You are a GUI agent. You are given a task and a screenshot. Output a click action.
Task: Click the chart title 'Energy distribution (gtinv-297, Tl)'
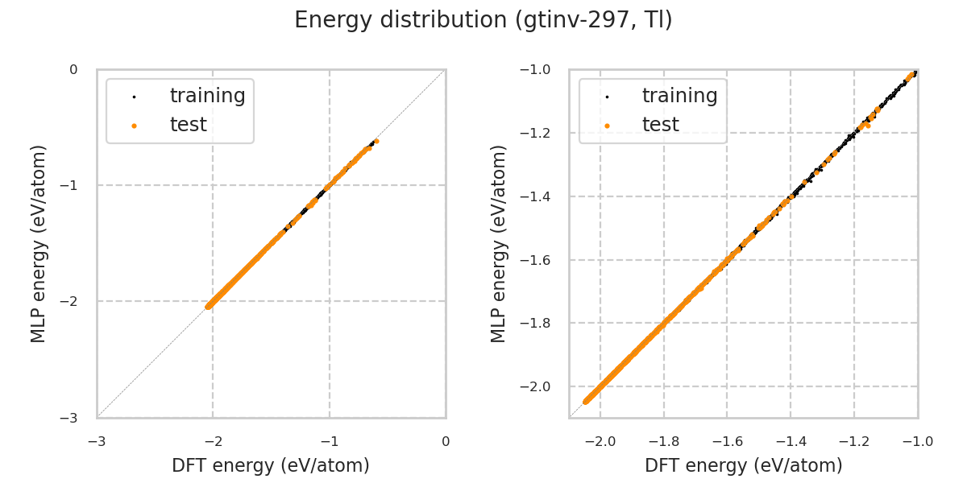[x=483, y=20]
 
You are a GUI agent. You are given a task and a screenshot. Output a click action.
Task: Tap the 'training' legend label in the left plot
[x=207, y=96]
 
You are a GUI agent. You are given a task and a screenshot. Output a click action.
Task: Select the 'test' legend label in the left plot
[x=188, y=125]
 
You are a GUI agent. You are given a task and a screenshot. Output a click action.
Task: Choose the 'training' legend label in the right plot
[x=679, y=96]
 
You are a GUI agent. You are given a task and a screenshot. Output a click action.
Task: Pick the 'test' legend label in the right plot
[x=660, y=125]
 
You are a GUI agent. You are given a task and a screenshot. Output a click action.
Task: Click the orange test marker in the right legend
[x=607, y=126]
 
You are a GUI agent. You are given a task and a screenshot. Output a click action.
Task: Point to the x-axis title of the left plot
[x=271, y=465]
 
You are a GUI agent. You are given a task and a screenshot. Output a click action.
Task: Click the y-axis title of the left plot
[x=39, y=244]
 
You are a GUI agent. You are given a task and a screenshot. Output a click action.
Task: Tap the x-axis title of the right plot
[x=743, y=465]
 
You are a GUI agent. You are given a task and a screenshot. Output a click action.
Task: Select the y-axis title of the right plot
[x=500, y=244]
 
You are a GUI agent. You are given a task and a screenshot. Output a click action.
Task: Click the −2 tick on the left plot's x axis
[x=213, y=441]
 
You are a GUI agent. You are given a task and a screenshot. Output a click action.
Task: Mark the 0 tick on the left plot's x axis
[x=446, y=441]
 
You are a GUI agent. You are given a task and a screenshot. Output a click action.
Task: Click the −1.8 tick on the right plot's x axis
[x=663, y=441]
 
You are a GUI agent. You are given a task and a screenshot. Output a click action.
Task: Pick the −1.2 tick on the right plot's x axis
[x=853, y=441]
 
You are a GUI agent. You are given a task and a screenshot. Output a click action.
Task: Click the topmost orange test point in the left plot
[x=376, y=141]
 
